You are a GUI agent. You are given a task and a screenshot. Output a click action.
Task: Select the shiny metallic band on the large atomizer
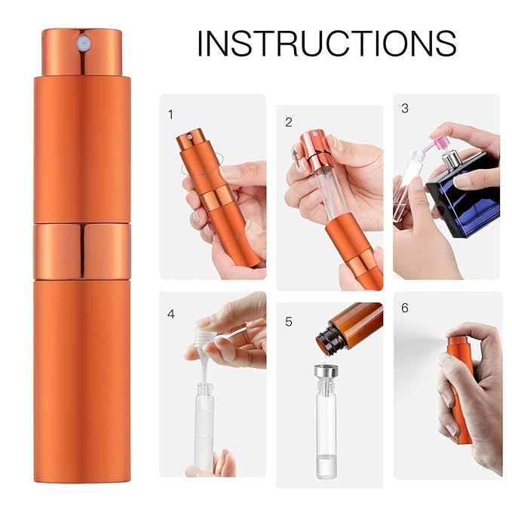[x=81, y=250]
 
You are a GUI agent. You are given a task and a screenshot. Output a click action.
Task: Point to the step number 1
[x=170, y=115]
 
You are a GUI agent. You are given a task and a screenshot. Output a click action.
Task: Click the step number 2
[x=289, y=121]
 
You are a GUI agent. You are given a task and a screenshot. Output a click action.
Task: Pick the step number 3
[x=405, y=108]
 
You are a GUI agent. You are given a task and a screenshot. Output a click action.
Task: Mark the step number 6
[x=405, y=308]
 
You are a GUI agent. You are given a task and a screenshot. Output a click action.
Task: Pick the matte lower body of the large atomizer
[x=81, y=377]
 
